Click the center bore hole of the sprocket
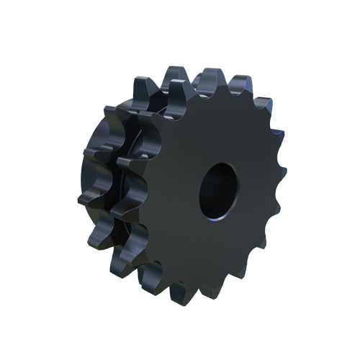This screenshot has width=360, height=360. click(218, 191)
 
